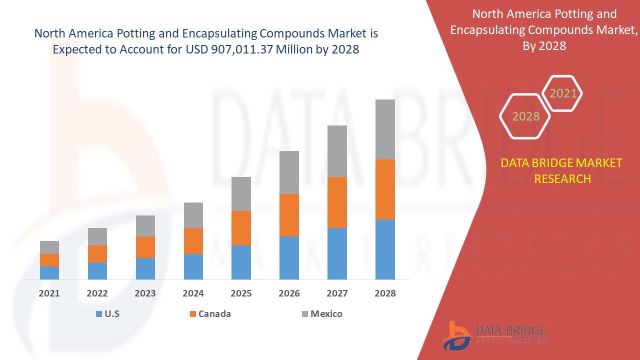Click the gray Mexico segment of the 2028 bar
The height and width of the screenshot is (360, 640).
tap(385, 129)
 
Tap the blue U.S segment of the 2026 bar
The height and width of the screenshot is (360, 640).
tap(289, 257)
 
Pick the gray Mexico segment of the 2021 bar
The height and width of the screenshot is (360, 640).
tap(49, 247)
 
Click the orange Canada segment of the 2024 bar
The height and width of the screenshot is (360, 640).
tap(193, 241)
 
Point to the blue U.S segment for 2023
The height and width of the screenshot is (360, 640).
tap(145, 268)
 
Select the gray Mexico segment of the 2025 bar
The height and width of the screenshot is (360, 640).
tap(241, 194)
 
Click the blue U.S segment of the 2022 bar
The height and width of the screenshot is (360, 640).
tap(97, 270)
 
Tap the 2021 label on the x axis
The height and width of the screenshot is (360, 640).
tap(49, 293)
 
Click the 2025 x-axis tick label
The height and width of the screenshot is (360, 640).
tap(241, 293)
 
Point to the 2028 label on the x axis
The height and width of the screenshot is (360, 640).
tap(385, 293)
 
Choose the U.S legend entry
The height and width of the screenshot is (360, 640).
tap(107, 314)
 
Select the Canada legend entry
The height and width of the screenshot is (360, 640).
tap(209, 314)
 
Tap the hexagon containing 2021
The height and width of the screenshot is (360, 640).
tap(563, 93)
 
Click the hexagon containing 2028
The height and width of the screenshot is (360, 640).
tap(525, 116)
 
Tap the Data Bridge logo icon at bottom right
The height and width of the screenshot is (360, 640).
tap(456, 335)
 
